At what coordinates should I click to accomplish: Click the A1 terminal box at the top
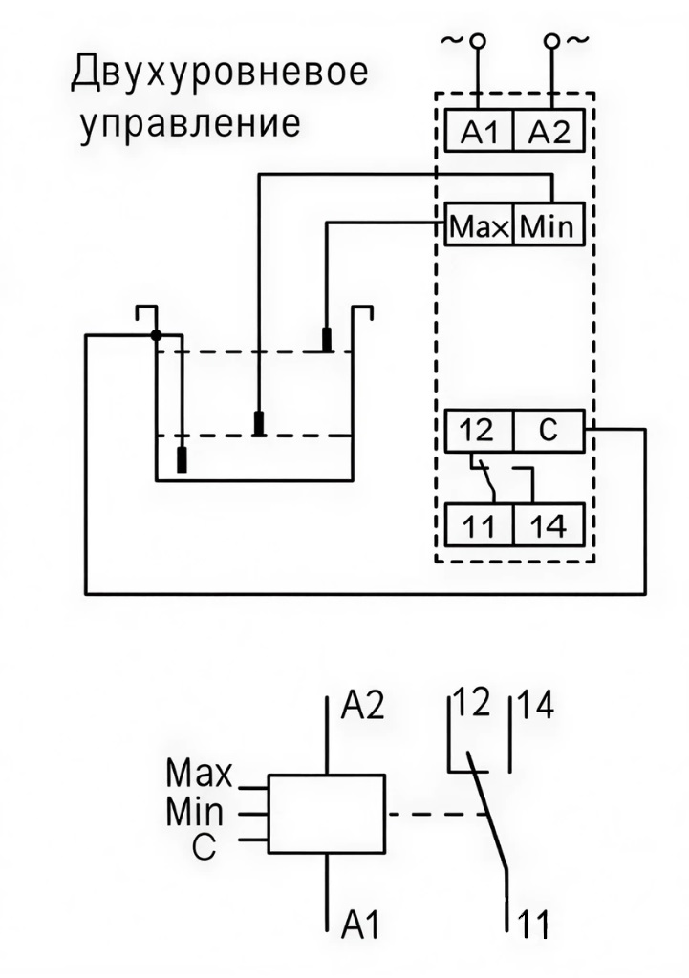480,132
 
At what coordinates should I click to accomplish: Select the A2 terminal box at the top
548,132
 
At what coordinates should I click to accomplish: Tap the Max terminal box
480,226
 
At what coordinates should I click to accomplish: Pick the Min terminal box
548,226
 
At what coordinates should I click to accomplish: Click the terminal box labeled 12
480,432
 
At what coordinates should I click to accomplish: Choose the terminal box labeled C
548,432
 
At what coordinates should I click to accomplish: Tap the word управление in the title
191,125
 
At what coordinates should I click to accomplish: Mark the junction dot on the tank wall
156,334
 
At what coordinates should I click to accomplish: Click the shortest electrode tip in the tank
327,339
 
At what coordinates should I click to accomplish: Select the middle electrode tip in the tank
259,422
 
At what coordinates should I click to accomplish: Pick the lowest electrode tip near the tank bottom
182,459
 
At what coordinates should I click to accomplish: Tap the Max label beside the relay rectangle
199,770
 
